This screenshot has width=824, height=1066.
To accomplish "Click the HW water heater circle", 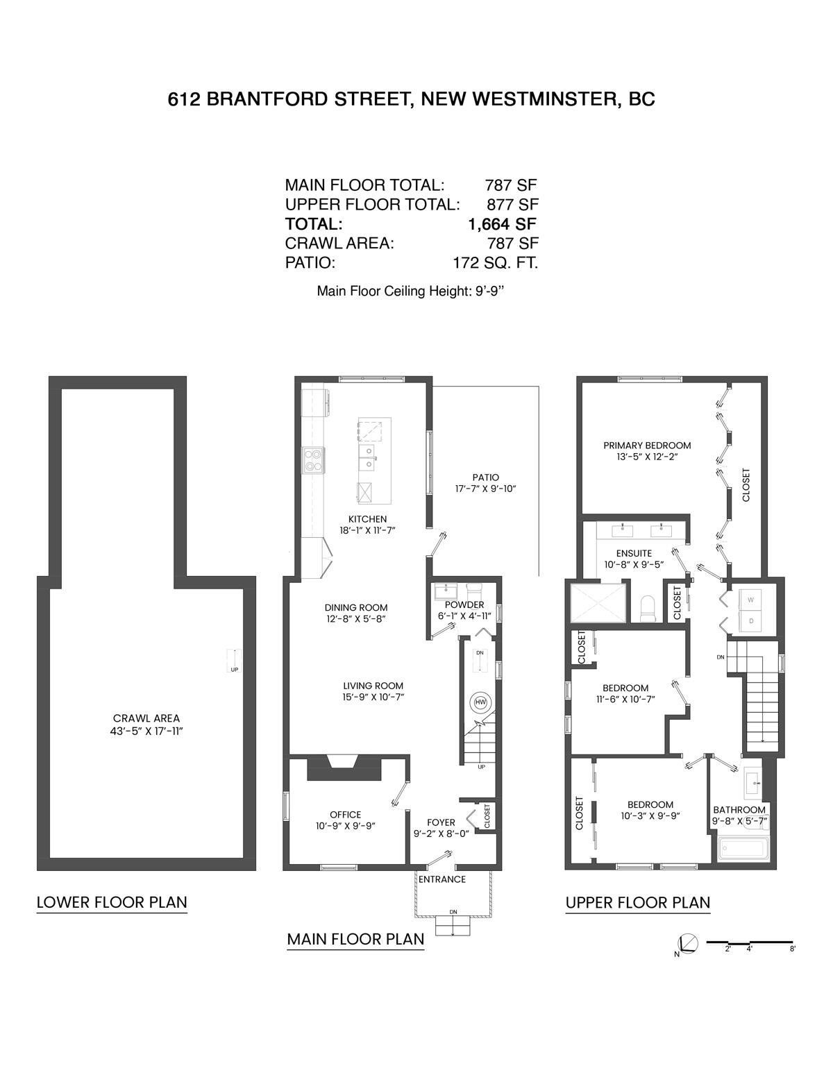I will point(480,702).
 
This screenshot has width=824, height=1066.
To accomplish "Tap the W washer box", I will point(750,599).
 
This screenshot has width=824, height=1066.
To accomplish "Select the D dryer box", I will point(750,621).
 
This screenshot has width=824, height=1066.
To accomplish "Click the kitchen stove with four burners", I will point(314,459).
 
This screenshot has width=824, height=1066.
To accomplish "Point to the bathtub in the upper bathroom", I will point(741,849).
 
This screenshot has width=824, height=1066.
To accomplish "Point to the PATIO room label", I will point(485,477).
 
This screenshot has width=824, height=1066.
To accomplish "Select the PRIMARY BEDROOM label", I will point(647,446).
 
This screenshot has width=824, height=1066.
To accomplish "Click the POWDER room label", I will point(464,605).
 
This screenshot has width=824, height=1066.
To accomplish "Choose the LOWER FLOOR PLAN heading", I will point(112,902).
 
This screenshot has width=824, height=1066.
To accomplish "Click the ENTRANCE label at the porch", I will point(442,879).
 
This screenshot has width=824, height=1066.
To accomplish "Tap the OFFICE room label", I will point(345,815).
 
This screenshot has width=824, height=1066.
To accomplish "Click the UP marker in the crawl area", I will point(234,670).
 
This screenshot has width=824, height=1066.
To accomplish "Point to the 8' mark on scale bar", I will point(792,948).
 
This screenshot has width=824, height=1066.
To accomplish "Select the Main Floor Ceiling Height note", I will point(410,291).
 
